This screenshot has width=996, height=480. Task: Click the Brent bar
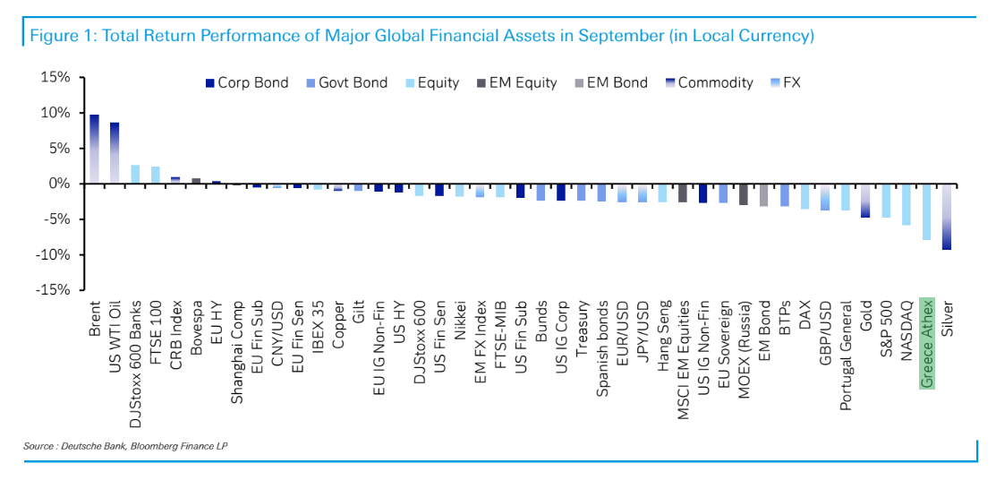pyautogui.click(x=94, y=149)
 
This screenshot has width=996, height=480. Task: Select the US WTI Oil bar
pyautogui.click(x=115, y=152)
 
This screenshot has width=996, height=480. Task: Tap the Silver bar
pyautogui.click(x=946, y=217)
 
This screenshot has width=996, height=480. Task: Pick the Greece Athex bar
pyautogui.click(x=926, y=211)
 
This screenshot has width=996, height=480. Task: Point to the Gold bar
pyautogui.click(x=865, y=201)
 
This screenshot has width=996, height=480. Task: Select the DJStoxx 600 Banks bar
pyautogui.click(x=135, y=174)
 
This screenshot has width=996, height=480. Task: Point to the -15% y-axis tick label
pyautogui.click(x=53, y=290)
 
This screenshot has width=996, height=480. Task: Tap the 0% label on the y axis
pyautogui.click(x=59, y=184)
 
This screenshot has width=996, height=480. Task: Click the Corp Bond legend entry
pyautogui.click(x=248, y=82)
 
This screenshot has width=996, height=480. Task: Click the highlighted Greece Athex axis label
pyautogui.click(x=927, y=343)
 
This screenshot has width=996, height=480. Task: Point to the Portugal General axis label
pyautogui.click(x=845, y=355)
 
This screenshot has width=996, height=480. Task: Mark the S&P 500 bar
pyautogui.click(x=886, y=201)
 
